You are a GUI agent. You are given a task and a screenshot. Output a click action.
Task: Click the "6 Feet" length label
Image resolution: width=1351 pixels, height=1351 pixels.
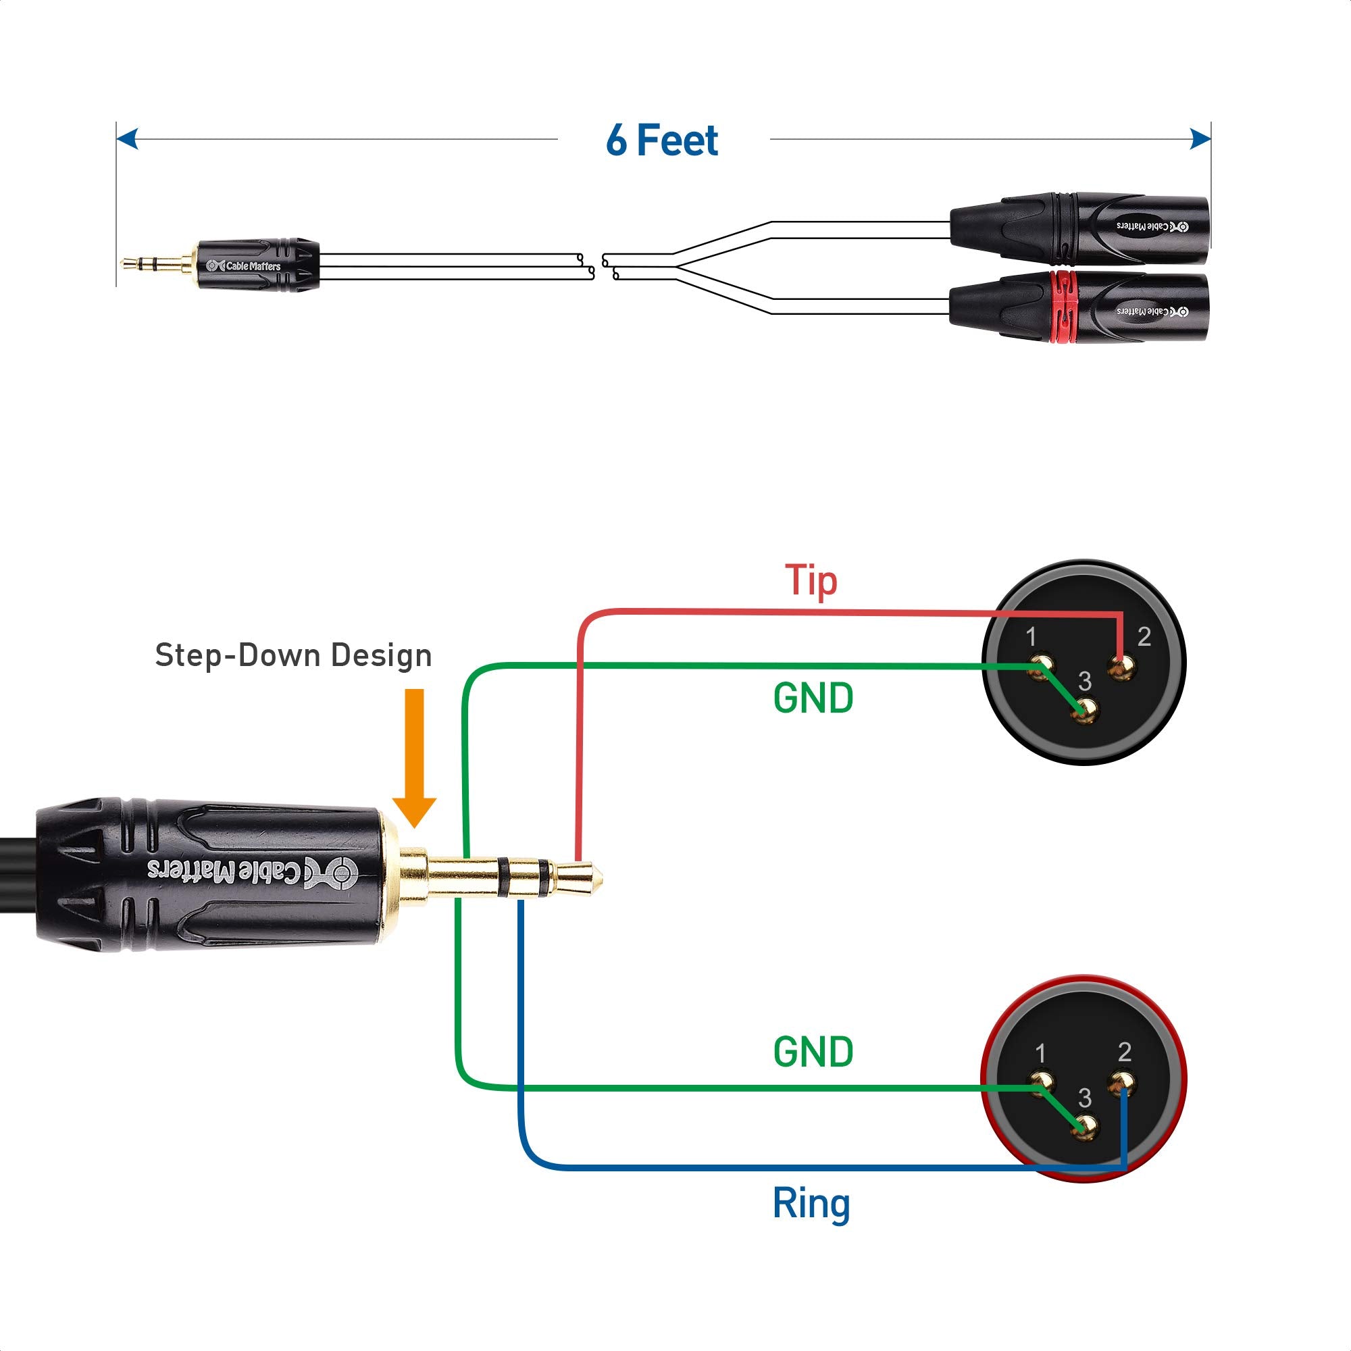point(661,141)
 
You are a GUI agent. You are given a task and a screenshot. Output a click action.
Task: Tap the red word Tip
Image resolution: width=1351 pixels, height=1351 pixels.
point(811,580)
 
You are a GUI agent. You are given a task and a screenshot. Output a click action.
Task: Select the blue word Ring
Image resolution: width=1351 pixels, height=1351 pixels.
point(811,1203)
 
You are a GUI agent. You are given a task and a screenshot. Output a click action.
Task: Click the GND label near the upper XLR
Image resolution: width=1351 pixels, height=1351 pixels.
point(813,698)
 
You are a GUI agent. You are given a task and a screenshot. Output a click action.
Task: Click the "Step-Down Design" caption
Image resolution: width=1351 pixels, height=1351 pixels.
point(293,655)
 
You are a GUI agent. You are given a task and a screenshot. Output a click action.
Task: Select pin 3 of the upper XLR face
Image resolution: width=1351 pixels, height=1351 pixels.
point(1086,712)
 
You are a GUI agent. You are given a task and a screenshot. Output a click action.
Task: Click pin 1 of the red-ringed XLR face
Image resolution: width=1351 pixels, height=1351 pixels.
point(1041,1082)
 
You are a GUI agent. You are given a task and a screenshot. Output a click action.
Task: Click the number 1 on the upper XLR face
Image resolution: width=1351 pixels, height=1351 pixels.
point(1031,636)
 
